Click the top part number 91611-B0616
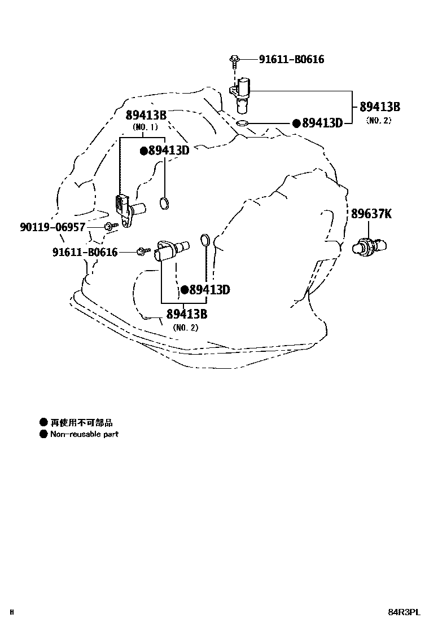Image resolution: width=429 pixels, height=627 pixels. click(x=291, y=59)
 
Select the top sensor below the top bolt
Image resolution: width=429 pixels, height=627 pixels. click(x=243, y=93)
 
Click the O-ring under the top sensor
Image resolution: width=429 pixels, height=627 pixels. click(x=242, y=123)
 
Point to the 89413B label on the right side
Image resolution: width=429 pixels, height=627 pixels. click(x=379, y=107)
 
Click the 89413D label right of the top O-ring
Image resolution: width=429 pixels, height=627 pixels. click(x=322, y=123)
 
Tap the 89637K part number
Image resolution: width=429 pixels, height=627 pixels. click(x=371, y=214)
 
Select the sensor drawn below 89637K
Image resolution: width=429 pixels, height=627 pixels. click(x=370, y=246)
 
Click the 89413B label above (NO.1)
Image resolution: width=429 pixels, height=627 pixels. click(x=146, y=116)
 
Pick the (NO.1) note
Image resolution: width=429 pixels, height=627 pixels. click(x=146, y=127)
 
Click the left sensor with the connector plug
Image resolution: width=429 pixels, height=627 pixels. click(x=127, y=209)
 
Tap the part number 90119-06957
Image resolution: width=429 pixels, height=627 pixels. click(x=52, y=227)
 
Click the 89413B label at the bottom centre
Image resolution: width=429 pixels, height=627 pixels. click(x=186, y=315)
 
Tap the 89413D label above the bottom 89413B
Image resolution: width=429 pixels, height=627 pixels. click(x=209, y=290)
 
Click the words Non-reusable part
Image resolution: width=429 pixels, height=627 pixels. click(x=84, y=434)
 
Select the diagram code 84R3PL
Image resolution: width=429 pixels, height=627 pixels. click(x=404, y=612)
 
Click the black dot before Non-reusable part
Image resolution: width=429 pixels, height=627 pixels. click(x=43, y=434)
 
